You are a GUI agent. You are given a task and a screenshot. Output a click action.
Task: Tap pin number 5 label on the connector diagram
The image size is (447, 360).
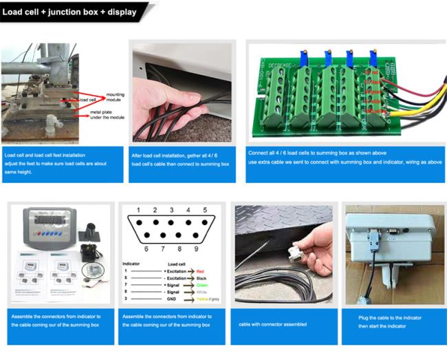pos(205,210)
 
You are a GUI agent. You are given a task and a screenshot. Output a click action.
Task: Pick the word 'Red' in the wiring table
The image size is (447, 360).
pos(200,271)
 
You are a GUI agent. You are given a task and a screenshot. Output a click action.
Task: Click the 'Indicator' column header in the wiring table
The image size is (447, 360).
pos(131,263)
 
